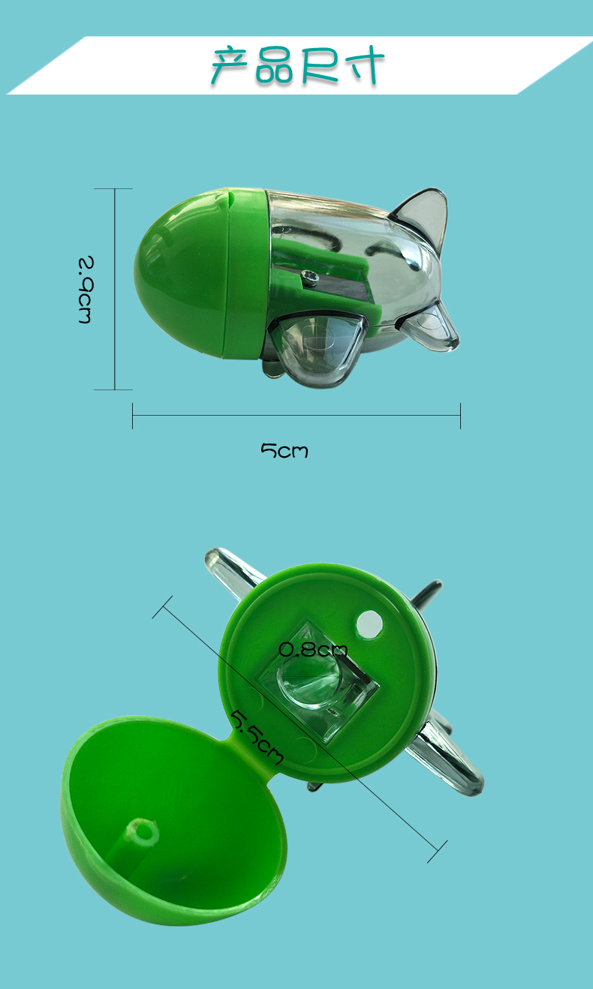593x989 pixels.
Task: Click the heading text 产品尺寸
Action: [297, 65]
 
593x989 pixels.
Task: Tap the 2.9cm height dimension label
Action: [86, 290]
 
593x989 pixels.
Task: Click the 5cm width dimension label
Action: [284, 450]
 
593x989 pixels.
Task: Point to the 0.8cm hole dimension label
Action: [313, 649]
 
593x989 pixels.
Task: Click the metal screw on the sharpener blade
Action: [311, 277]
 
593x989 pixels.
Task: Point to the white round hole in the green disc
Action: [369, 624]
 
